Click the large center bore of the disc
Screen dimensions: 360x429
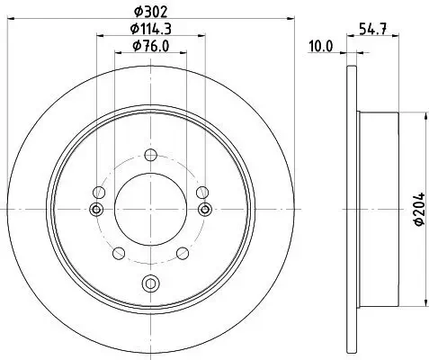click(x=150, y=208)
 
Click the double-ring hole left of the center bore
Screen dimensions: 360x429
click(x=95, y=209)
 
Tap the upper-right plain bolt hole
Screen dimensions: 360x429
click(x=201, y=190)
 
